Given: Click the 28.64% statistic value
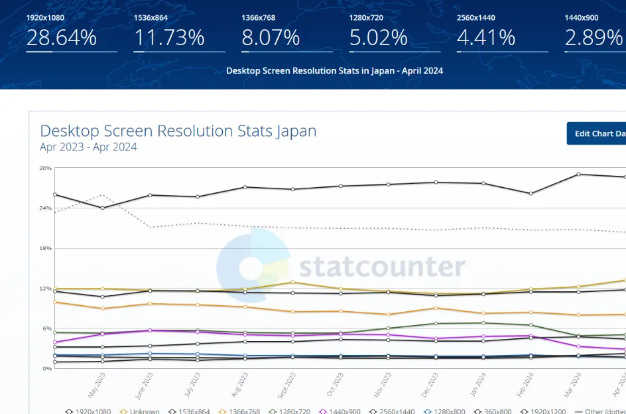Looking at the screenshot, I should pyautogui.click(x=62, y=38).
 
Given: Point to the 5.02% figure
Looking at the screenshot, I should pyautogui.click(x=378, y=38).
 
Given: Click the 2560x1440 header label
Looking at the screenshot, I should pyautogui.click(x=476, y=18).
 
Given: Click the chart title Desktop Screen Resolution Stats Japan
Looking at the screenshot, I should pyautogui.click(x=178, y=131).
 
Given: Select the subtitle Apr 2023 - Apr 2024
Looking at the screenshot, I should pyautogui.click(x=88, y=147).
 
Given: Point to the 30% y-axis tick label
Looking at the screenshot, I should pyautogui.click(x=45, y=169).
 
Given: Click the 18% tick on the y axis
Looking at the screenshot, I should pyautogui.click(x=45, y=249).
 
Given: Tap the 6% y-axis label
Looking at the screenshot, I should pyautogui.click(x=46, y=329).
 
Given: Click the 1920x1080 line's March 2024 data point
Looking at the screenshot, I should pyautogui.click(x=578, y=174).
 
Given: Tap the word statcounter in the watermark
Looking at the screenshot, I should pyautogui.click(x=382, y=267).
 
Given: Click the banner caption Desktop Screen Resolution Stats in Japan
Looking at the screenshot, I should pyautogui.click(x=334, y=71).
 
